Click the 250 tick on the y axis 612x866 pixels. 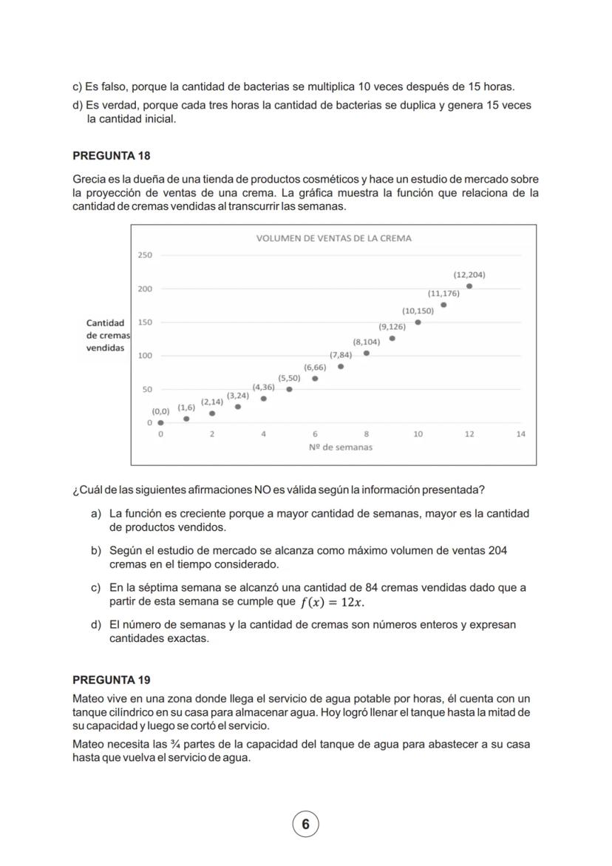144,255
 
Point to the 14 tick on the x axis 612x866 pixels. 520,434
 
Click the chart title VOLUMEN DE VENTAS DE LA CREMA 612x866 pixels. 333,238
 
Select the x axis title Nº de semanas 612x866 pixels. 340,447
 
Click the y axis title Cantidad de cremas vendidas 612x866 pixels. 106,336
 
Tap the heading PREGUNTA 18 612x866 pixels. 112,156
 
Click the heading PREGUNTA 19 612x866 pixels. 112,680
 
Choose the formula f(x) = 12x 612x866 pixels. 332,602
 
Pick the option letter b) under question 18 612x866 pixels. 95,551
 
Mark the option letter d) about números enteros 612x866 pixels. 95,625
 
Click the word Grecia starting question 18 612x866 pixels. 89,180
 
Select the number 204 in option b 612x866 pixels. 497,551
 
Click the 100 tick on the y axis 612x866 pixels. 144,356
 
